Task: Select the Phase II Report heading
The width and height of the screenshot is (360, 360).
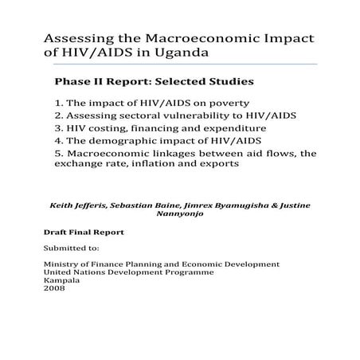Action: point(153,81)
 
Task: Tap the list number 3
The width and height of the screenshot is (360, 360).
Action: point(58,127)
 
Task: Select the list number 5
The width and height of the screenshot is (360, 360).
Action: point(58,152)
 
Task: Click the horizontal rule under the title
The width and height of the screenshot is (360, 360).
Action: point(179,65)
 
